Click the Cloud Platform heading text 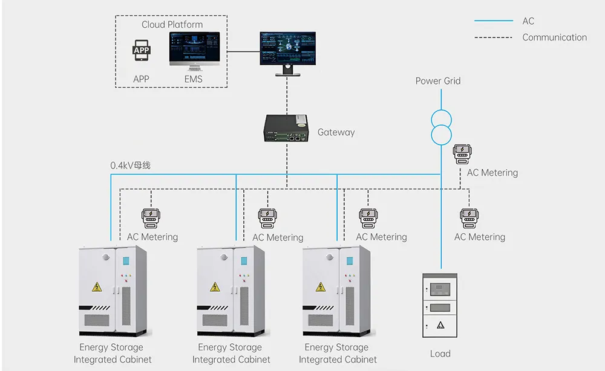click(172, 25)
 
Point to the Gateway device click(286, 129)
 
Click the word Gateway click(336, 132)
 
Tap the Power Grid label click(437, 81)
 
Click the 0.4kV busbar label click(130, 165)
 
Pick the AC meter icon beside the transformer click(462, 153)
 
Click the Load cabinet click(439, 305)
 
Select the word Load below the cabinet click(440, 353)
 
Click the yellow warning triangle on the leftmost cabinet click(96, 286)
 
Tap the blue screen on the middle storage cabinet click(244, 261)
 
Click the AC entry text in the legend click(528, 21)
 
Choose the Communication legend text click(554, 37)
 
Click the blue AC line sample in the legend click(494, 21)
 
